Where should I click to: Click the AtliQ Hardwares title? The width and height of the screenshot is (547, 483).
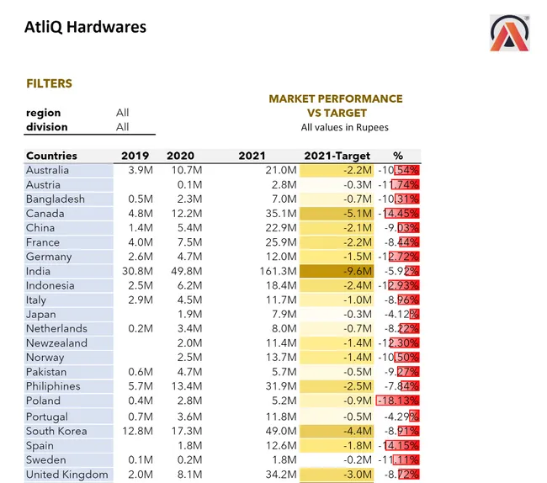pos(85,28)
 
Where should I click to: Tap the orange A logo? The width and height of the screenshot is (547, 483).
pos(510,34)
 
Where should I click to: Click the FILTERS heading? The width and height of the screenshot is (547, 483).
pos(49,84)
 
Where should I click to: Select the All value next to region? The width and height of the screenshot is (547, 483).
pos(123,113)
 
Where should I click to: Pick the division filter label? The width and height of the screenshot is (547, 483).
pos(46,127)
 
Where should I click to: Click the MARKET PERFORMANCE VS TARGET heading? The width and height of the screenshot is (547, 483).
pos(335,105)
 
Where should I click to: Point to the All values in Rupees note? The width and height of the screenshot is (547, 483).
pos(344,128)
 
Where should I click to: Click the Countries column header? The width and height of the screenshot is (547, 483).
pos(51,156)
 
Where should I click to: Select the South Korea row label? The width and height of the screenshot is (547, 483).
pos(56,431)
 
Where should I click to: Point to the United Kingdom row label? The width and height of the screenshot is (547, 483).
pos(66,475)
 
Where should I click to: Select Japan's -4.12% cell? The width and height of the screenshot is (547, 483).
pos(401,315)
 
